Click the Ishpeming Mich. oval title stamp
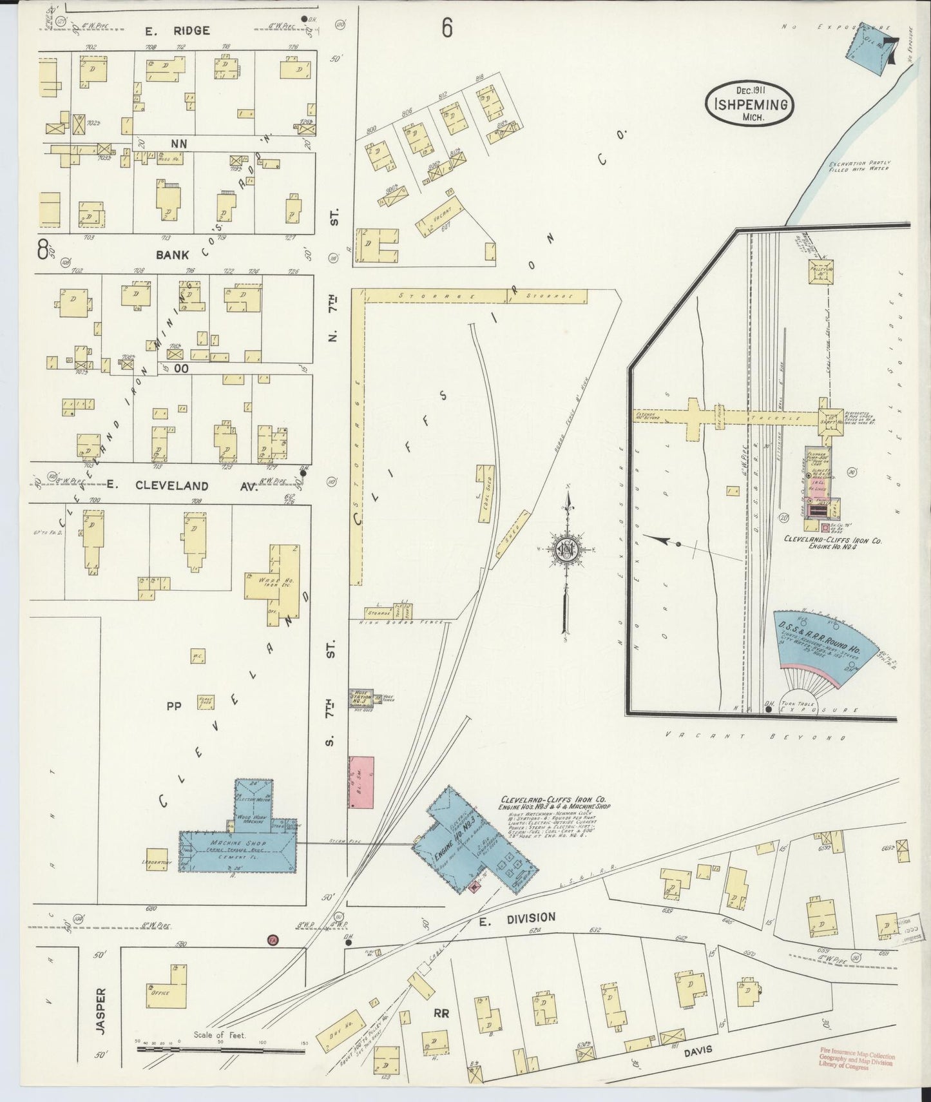tap(749, 104)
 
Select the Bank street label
tap(172, 255)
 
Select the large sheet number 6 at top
tap(447, 29)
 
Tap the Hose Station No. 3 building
tap(361, 697)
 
